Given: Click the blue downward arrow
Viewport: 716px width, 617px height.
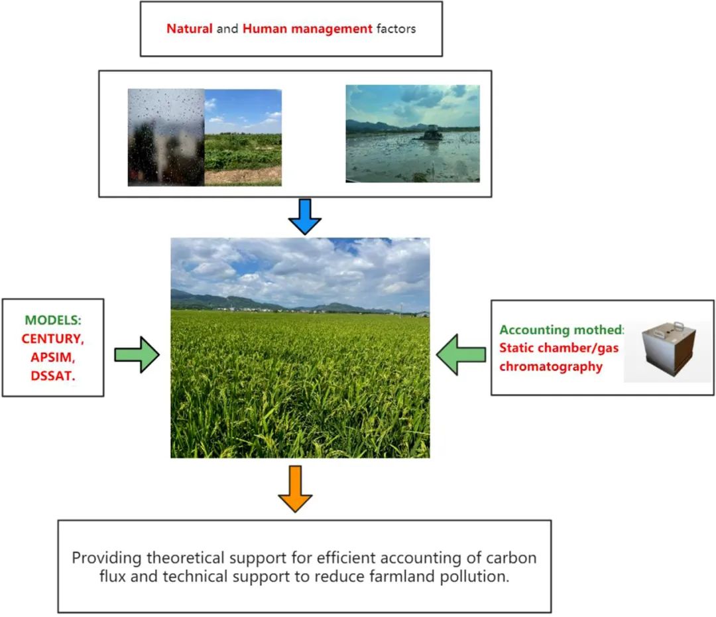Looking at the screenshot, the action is (305, 217).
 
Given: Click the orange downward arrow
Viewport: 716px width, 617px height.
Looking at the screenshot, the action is (296, 489).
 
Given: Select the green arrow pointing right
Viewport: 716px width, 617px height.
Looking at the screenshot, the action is (137, 355).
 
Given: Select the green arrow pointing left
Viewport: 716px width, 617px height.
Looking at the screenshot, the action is (461, 355).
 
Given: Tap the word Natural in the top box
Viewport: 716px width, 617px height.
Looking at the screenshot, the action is (190, 29).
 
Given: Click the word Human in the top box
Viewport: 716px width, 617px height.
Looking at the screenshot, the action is (265, 29).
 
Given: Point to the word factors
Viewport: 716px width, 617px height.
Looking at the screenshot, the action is (396, 29).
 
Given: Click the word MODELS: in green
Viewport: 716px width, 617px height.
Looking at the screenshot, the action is (53, 320).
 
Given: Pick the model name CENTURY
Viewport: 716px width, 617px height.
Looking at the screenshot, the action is (52, 338).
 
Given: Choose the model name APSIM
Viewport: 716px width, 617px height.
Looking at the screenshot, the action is (52, 358).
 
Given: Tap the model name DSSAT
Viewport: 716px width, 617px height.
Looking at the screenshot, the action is (52, 376).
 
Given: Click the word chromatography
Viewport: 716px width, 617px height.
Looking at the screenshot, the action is (551, 367).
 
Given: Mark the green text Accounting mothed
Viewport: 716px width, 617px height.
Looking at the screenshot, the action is (562, 330).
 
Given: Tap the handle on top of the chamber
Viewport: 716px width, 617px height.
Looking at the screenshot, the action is (679, 326).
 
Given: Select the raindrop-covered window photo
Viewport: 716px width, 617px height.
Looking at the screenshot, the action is (166, 137).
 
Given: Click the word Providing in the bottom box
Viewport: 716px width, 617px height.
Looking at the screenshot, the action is (106, 558).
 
